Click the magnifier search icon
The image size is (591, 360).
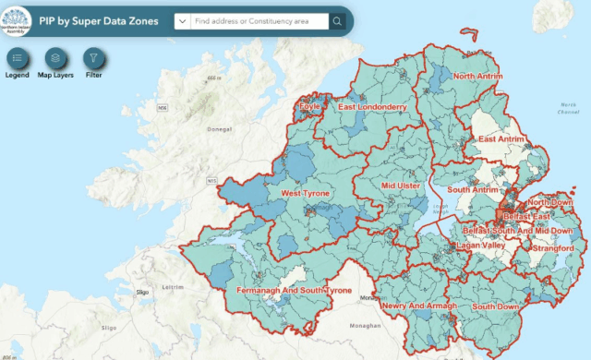[338, 21]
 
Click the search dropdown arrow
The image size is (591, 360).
[182, 21]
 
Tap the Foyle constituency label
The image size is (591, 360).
[308, 107]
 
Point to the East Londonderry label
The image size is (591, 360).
[372, 107]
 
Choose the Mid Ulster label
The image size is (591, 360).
[401, 186]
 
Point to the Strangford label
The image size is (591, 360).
[553, 248]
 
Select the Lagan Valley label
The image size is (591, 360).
[480, 246]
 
